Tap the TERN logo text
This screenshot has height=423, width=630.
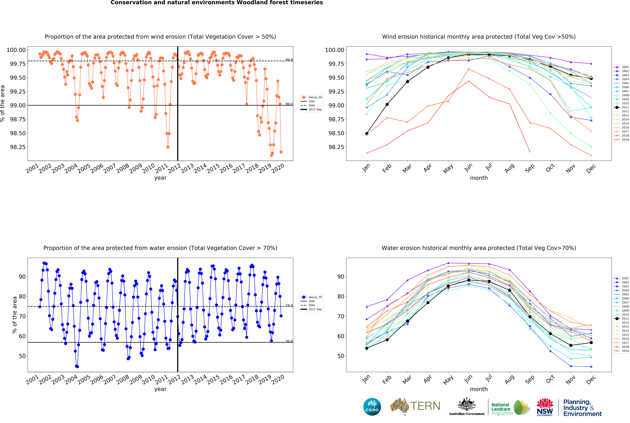[425, 406]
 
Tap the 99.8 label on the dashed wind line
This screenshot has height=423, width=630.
[289, 60]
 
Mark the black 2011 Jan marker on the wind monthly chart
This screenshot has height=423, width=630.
[367, 134]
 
